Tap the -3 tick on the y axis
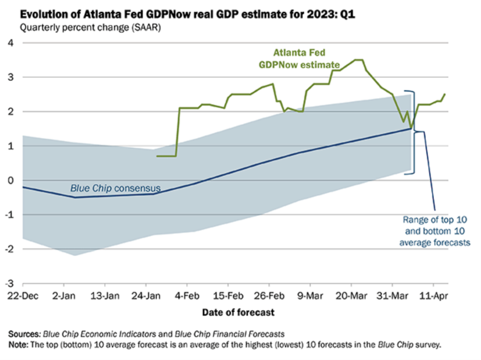click(10, 283)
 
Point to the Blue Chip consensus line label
click(115, 188)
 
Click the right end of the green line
click(445, 94)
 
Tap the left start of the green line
click(157, 156)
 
